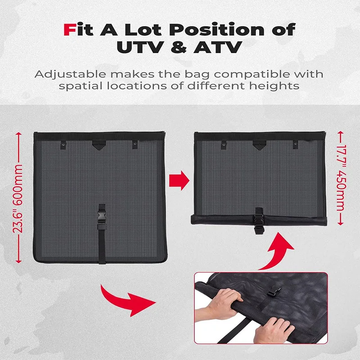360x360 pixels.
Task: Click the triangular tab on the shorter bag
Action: [259, 144]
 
